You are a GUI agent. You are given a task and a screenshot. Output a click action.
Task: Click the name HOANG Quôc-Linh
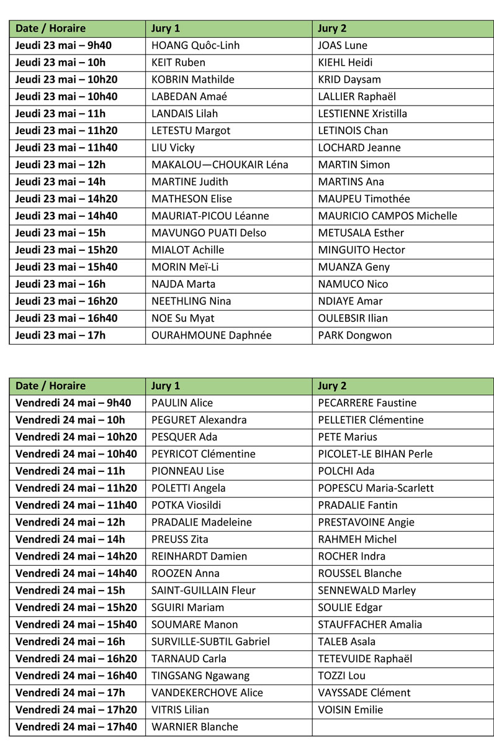tap(195, 45)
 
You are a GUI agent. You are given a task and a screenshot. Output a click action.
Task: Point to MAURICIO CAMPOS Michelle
tap(387, 216)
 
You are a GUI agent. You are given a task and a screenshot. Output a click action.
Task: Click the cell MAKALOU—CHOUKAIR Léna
tap(220, 165)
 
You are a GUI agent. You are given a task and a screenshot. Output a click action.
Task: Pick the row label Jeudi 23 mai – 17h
tap(60, 335)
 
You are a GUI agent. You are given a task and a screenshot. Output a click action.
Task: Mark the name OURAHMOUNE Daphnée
tap(211, 335)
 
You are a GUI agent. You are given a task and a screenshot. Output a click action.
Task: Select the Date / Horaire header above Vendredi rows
tap(50, 386)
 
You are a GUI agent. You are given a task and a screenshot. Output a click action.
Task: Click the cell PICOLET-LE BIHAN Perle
tap(375, 454)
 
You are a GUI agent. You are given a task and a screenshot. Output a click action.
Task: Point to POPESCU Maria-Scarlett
tap(375, 488)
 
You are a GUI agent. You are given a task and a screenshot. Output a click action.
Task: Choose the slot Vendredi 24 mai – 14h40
tap(76, 573)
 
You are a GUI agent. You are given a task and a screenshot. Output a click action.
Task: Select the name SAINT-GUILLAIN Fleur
tap(204, 590)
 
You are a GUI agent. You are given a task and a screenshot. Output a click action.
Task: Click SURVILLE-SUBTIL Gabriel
tap(210, 642)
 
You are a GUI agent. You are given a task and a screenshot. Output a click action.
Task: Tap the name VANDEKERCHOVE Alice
tap(207, 693)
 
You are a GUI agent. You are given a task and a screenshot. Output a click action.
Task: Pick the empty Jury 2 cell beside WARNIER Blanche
tap(402, 727)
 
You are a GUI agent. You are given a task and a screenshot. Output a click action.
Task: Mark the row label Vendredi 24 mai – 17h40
tap(76, 727)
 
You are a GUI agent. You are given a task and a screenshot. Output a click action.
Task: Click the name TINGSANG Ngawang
tap(200, 676)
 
